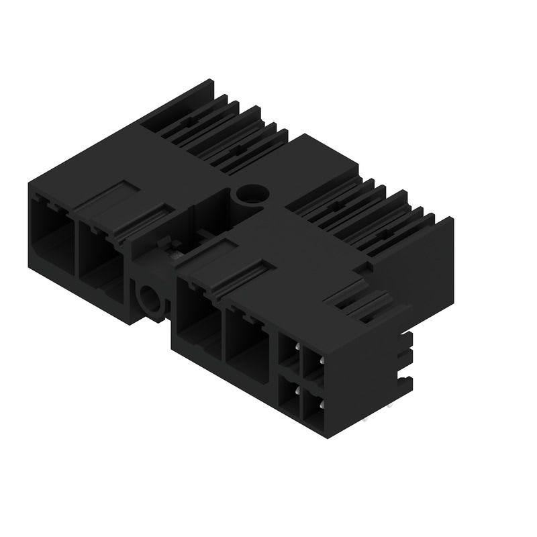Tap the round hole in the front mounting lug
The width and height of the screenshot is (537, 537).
[x=146, y=298]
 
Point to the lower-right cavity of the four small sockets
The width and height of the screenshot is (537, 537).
[x=312, y=407]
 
